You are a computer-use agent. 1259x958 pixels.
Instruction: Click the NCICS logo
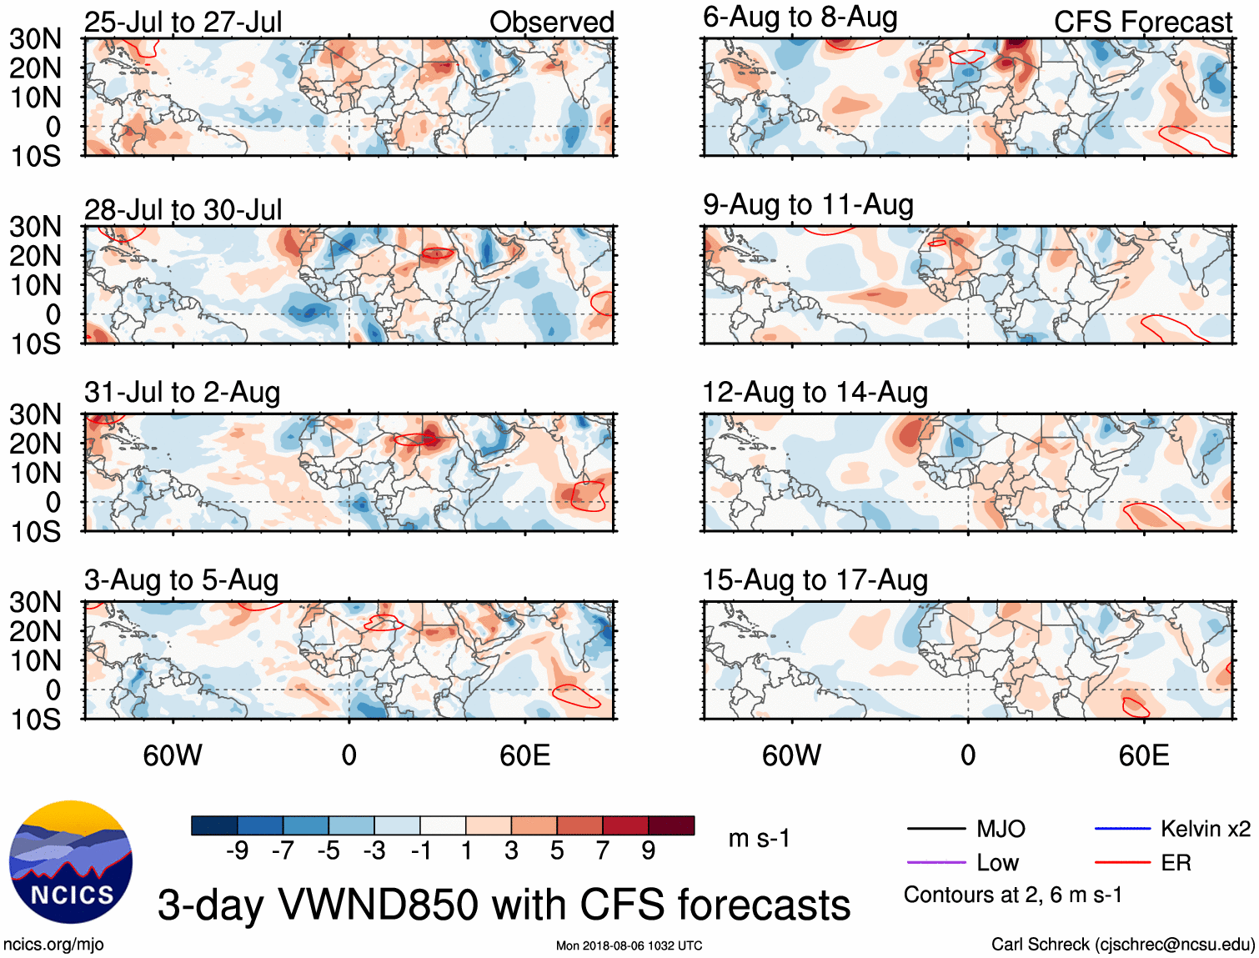pos(71,862)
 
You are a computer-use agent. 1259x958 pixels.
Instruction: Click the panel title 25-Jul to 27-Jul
pos(183,22)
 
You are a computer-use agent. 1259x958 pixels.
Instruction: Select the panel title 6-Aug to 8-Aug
pos(800,18)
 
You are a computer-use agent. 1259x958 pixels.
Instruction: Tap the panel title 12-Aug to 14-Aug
pos(815,392)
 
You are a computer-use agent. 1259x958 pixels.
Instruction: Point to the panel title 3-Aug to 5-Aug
pos(181,580)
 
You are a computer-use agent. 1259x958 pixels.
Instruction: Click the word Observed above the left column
pos(551,22)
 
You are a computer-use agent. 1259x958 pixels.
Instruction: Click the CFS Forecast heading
pos(1142,22)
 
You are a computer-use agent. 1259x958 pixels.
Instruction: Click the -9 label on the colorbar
pos(238,850)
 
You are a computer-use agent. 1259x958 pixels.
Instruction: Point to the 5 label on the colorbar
pos(557,850)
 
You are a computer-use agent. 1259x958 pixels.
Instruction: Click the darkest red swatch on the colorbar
pos(671,825)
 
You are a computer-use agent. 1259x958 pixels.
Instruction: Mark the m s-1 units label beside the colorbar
pos(759,838)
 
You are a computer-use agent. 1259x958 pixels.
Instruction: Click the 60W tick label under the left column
pos(173,755)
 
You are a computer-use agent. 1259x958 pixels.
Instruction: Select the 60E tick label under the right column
pos(1144,755)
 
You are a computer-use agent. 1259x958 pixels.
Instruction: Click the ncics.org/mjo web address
pos(53,945)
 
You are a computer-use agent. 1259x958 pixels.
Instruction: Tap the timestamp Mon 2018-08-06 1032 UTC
pos(629,945)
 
